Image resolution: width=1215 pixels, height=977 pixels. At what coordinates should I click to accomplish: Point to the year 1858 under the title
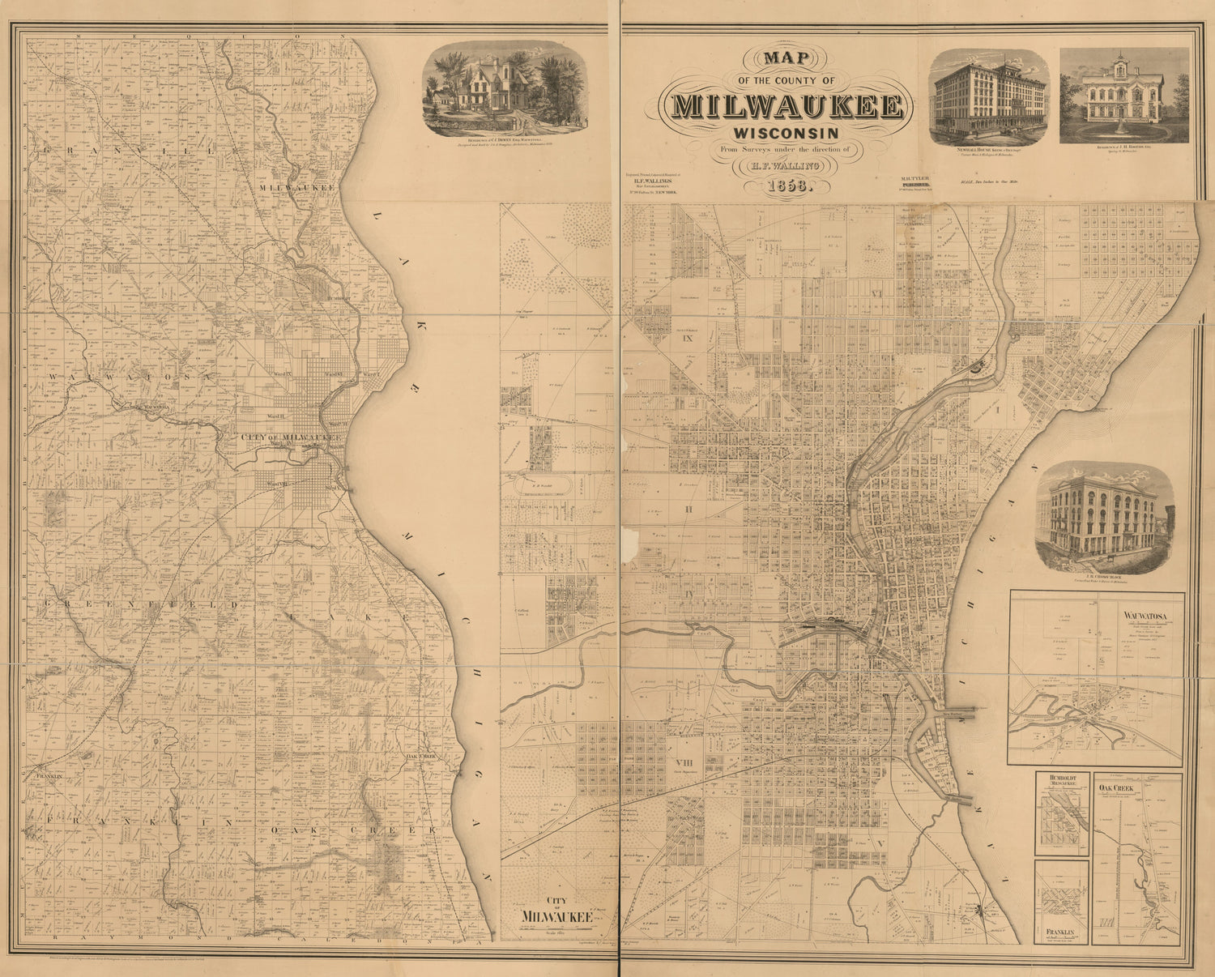(x=786, y=186)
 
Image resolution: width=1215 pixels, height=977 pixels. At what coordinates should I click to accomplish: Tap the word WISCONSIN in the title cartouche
(x=786, y=132)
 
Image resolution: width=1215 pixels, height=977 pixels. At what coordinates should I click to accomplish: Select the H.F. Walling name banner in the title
(x=785, y=166)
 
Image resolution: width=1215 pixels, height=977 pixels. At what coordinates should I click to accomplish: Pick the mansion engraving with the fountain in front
(x=1123, y=96)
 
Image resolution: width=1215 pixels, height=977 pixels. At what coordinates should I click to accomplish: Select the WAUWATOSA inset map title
(x=1144, y=613)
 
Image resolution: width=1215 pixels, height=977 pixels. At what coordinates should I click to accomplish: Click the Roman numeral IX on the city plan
(x=688, y=338)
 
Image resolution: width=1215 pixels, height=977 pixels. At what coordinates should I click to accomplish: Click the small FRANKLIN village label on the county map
(x=39, y=775)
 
